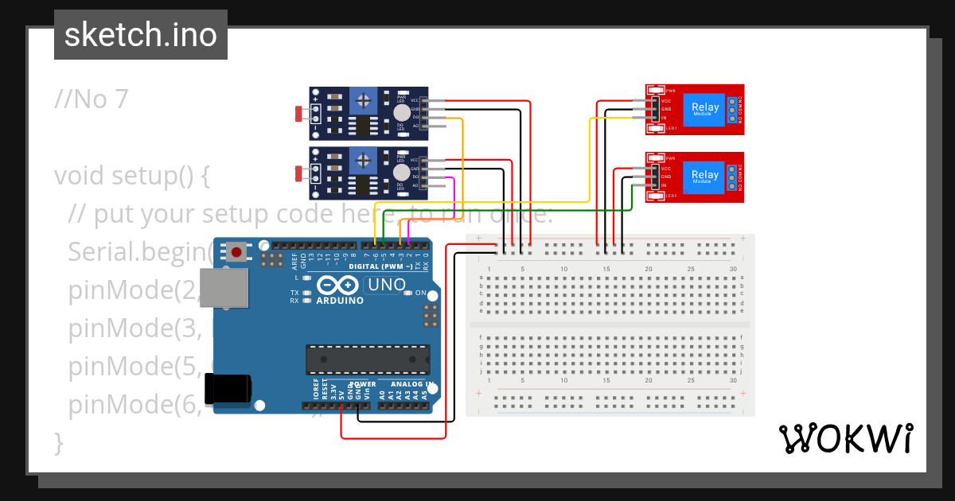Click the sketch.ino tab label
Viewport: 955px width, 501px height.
point(141,35)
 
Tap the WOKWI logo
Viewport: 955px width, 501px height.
point(844,438)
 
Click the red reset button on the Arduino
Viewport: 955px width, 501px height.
point(236,252)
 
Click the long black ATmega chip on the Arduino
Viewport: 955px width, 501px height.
point(368,359)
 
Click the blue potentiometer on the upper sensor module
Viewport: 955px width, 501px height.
point(364,101)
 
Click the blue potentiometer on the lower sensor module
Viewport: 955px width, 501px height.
point(364,161)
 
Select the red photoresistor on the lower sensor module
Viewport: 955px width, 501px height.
point(299,173)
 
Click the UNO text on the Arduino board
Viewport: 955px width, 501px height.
point(384,285)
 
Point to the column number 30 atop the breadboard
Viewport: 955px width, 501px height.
point(732,269)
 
